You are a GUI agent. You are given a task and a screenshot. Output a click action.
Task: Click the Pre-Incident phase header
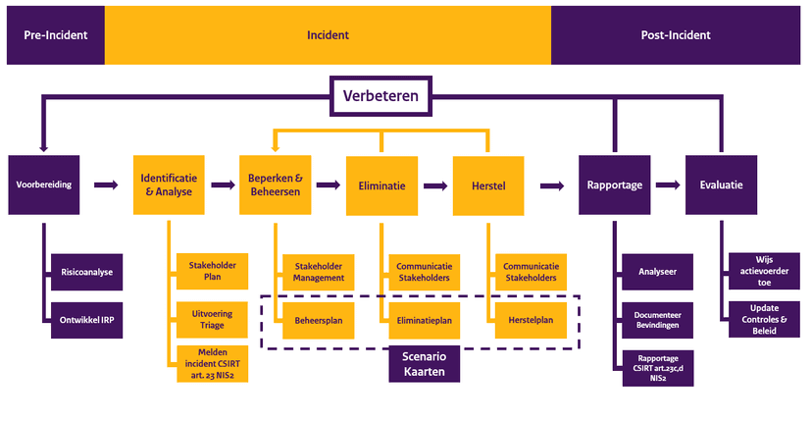tap(56, 35)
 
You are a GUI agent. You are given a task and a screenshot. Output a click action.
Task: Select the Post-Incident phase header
tap(676, 35)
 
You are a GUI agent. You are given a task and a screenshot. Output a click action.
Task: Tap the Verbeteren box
tap(381, 97)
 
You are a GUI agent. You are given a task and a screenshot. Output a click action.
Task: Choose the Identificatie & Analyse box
tap(169, 184)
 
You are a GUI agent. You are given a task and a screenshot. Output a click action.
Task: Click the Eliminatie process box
tap(382, 184)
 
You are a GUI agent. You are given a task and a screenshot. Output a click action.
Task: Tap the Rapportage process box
tap(615, 184)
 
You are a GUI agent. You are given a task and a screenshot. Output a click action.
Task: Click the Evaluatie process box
tap(722, 184)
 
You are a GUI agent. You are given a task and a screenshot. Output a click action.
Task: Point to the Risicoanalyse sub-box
tap(86, 272)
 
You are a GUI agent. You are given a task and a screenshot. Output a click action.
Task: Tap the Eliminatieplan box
tap(424, 320)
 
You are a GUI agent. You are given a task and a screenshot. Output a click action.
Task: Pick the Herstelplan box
tap(531, 320)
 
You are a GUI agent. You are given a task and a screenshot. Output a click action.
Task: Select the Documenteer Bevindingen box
tap(657, 315)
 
